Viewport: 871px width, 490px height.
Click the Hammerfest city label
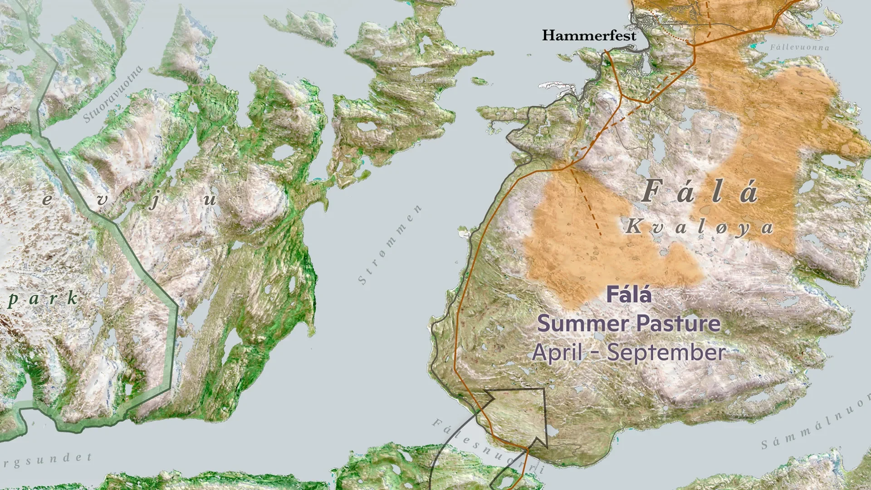click(589, 35)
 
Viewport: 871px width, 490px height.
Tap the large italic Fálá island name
click(700, 191)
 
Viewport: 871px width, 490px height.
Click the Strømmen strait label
click(390, 245)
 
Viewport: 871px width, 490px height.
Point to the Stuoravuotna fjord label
click(113, 94)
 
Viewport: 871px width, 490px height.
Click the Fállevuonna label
click(799, 47)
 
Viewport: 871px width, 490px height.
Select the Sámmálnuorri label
click(817, 422)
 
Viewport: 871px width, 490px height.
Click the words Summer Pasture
click(629, 324)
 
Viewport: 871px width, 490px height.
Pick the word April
click(557, 353)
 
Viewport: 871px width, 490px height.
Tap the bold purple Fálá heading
click(629, 295)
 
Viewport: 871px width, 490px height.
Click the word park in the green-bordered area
click(43, 299)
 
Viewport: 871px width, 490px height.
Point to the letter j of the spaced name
click(155, 201)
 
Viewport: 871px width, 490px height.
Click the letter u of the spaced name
click(210, 200)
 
